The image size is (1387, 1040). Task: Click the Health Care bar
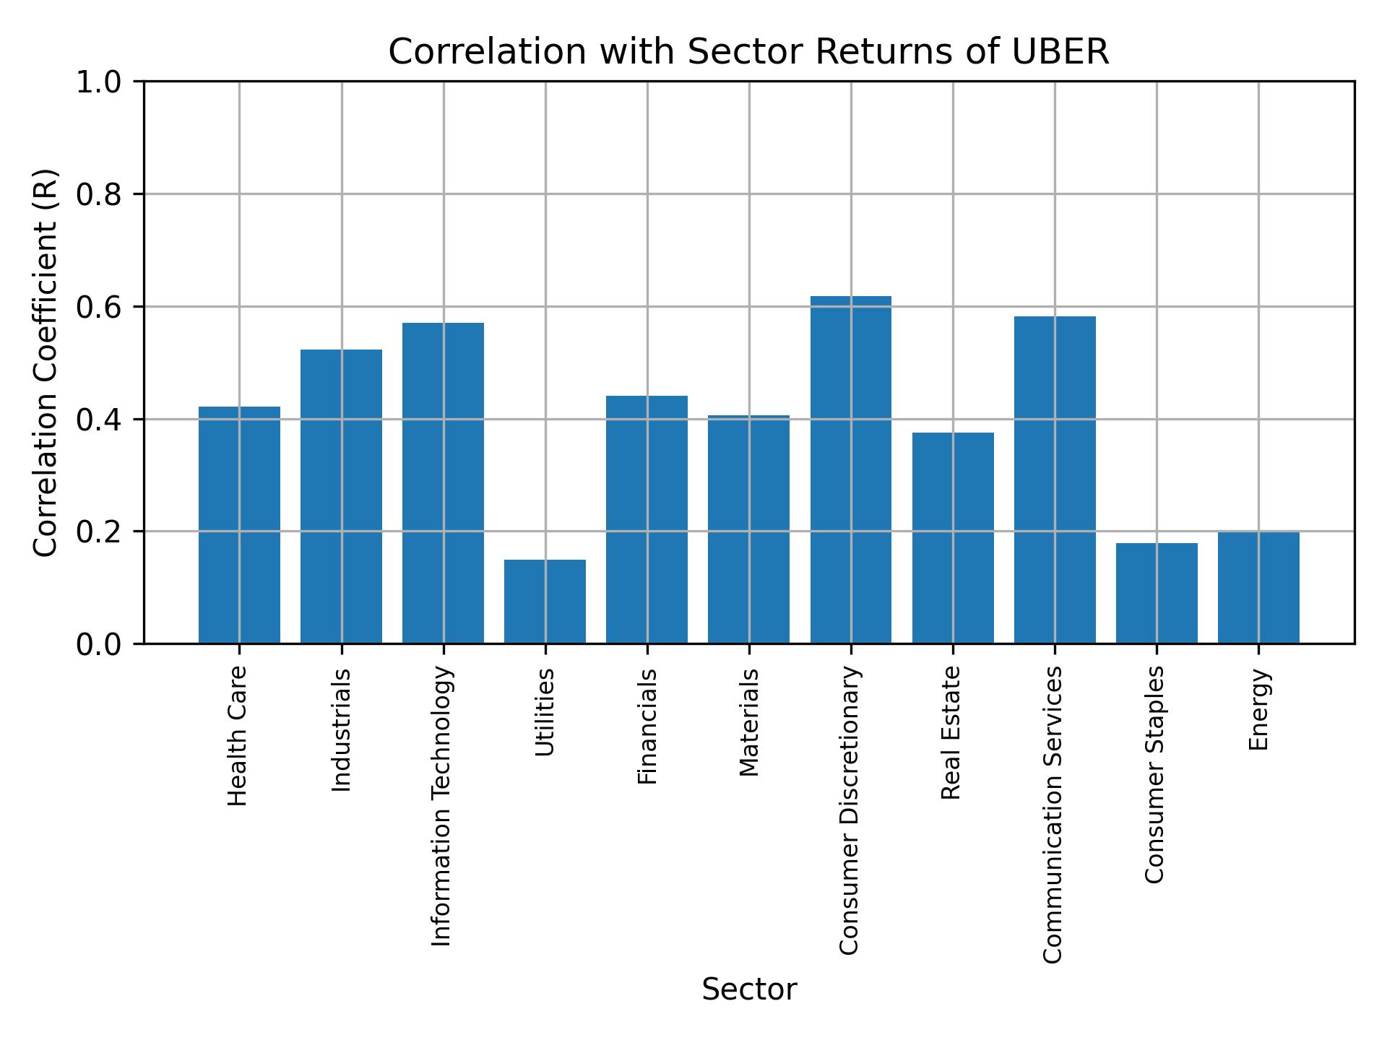[239, 525]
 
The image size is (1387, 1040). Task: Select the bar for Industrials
[341, 497]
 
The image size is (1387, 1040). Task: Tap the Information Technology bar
[443, 483]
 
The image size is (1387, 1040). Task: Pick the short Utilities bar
[545, 602]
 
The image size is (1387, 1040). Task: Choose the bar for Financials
[647, 520]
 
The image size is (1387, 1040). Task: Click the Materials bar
[748, 529]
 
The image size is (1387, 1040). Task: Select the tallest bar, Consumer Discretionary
[850, 469]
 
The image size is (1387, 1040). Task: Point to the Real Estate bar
[953, 538]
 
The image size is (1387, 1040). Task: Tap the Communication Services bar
[1055, 480]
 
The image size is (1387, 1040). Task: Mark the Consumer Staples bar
[1157, 593]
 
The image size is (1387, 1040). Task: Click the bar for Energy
[1258, 588]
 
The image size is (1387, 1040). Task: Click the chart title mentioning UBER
[748, 52]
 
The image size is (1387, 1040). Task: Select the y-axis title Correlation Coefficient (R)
[46, 363]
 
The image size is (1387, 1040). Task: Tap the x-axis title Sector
[749, 989]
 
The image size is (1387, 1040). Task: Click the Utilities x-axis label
[545, 712]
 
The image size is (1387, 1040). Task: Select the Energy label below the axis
[1258, 709]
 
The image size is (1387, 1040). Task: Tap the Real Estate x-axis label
[951, 733]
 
